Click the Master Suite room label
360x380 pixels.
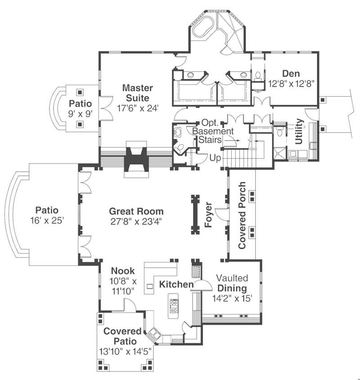[137, 92]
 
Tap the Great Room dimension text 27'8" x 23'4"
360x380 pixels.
[136, 221]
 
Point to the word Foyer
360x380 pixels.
[208, 215]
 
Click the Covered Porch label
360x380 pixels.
[242, 215]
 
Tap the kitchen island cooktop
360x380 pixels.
[173, 306]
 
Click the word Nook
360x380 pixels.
[123, 271]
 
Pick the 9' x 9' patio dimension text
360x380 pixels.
[80, 113]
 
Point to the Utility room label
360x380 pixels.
[299, 131]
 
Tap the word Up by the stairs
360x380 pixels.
[215, 158]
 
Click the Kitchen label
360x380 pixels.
[176, 284]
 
